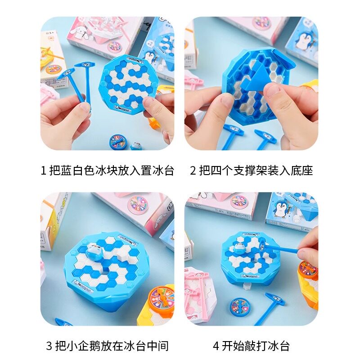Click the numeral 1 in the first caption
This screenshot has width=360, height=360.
point(44,171)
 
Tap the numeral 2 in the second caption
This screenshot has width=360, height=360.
point(193,171)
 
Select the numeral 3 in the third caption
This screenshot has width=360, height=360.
point(49,346)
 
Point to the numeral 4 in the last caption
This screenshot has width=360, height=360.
point(216,346)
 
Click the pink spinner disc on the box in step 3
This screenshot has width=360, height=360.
point(139,205)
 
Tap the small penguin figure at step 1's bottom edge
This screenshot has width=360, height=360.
point(135,145)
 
